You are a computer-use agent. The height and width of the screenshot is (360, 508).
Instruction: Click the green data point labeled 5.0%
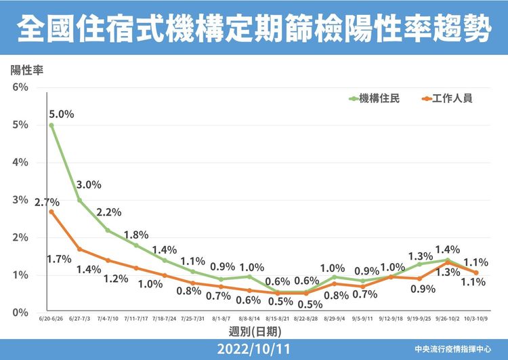[x=51, y=125]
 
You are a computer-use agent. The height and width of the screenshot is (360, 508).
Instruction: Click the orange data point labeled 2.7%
[x=51, y=212]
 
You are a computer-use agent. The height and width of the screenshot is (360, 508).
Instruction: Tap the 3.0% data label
[x=89, y=184]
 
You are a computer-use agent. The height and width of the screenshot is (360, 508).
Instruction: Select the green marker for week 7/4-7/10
[x=108, y=231]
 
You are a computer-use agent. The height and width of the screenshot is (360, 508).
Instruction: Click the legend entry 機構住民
[x=380, y=98]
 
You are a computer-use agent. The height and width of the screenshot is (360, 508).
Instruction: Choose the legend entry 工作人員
[x=453, y=98]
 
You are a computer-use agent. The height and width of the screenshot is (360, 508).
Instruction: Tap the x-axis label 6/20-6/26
[x=51, y=319]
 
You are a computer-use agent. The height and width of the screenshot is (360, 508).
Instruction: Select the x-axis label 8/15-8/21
[x=278, y=319]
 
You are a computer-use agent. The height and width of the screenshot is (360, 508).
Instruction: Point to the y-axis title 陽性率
[x=26, y=70]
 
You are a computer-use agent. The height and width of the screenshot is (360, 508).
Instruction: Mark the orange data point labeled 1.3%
[x=448, y=262]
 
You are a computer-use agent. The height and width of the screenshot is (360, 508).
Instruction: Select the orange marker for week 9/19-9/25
[x=419, y=279]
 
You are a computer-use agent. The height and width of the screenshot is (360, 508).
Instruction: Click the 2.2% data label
[x=108, y=212]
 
